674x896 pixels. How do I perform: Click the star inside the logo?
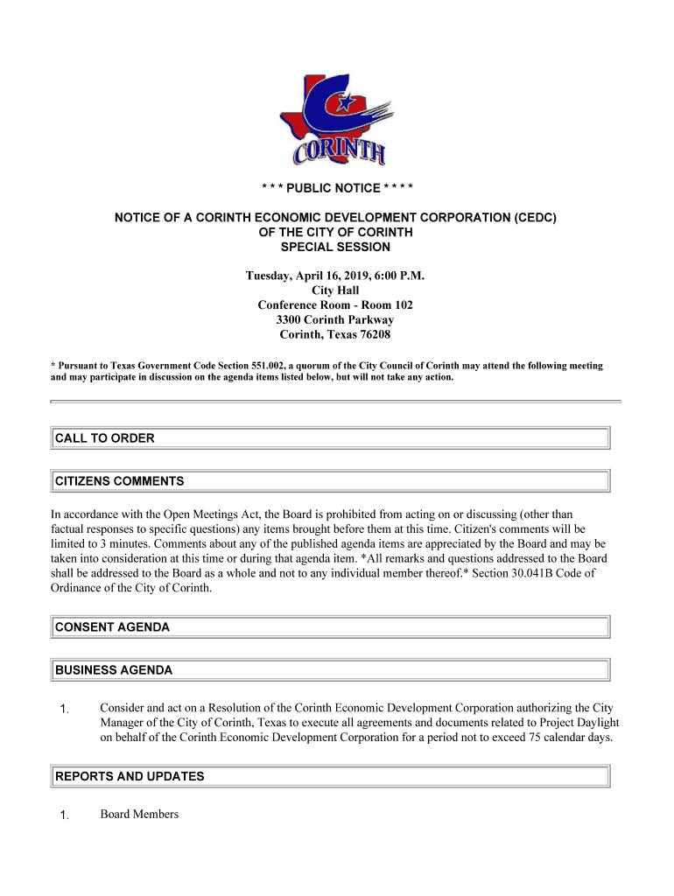click(x=346, y=102)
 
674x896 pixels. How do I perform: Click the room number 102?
click(x=403, y=305)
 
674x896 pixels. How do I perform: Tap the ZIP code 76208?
click(x=374, y=335)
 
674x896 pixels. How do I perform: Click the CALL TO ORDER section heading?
click(x=105, y=438)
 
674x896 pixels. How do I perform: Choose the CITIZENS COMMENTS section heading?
click(x=120, y=481)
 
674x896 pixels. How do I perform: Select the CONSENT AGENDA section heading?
click(x=113, y=627)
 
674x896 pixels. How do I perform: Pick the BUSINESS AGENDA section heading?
click(x=114, y=670)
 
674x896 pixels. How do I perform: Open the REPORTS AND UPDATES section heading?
click(x=130, y=776)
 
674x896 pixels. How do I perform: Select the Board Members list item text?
click(x=139, y=815)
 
